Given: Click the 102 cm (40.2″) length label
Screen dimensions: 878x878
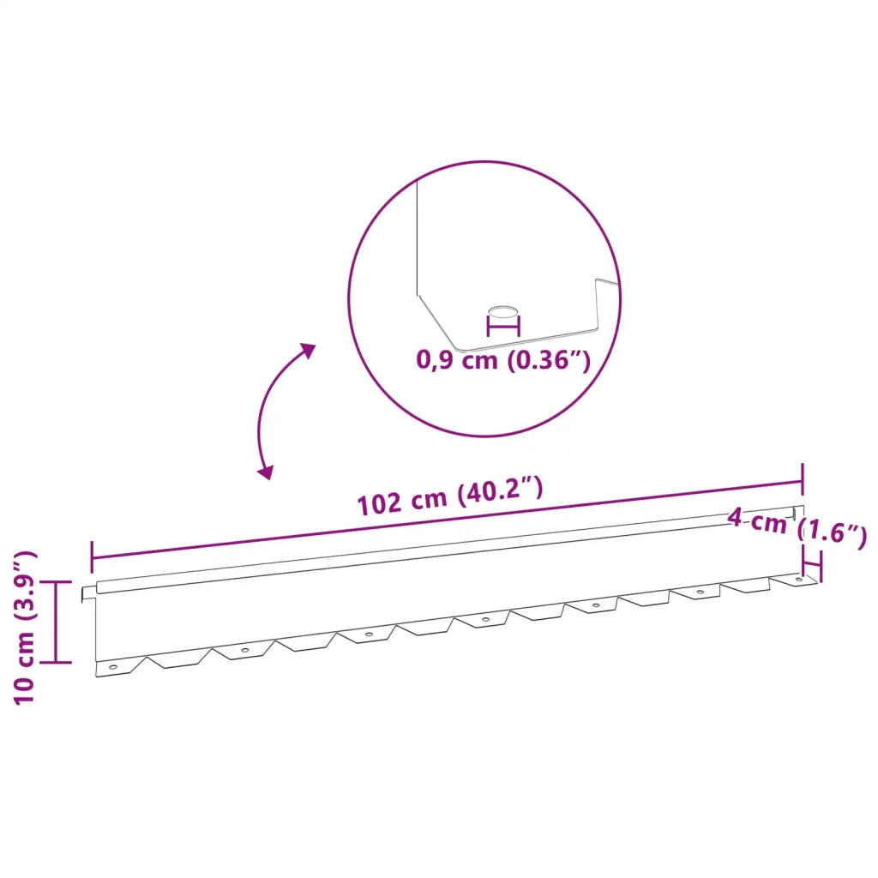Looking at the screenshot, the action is (450, 496).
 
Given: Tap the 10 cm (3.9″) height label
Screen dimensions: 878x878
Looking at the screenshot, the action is (25, 627).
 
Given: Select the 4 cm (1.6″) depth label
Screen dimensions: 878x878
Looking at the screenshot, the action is (797, 526).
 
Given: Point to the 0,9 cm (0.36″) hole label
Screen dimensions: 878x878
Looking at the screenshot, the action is (502, 359).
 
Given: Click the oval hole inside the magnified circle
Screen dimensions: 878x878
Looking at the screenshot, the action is (503, 311).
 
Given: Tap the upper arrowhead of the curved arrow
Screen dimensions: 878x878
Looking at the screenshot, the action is (307, 351).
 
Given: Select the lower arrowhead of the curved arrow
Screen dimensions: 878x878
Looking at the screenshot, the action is (266, 472).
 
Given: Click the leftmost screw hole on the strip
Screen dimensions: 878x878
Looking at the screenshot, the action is (113, 667).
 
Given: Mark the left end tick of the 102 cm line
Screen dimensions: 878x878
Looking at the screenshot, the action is (91, 557).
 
